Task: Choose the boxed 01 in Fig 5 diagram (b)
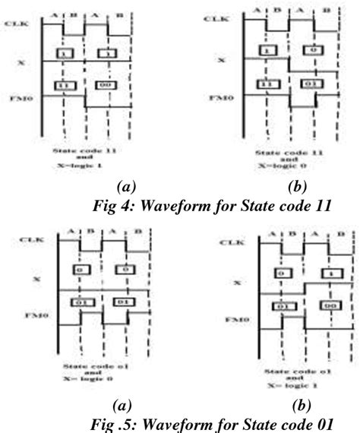pos(281,305)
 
